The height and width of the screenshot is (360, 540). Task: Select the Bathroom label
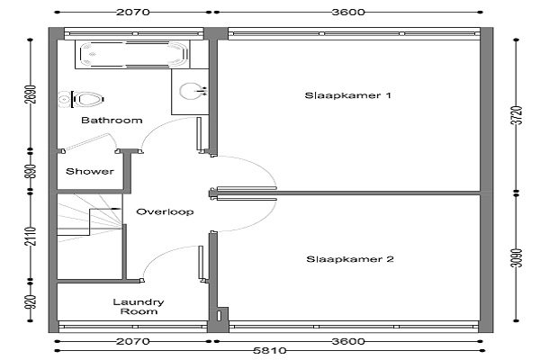pyautogui.click(x=112, y=121)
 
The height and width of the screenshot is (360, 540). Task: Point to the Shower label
pyautogui.click(x=89, y=171)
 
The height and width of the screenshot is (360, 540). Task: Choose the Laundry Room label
pyautogui.click(x=138, y=307)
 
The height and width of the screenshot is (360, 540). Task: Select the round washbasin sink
pyautogui.click(x=193, y=90)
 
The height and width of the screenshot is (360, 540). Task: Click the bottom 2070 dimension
pyautogui.click(x=132, y=341)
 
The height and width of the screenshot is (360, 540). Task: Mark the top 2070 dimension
pyautogui.click(x=132, y=12)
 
